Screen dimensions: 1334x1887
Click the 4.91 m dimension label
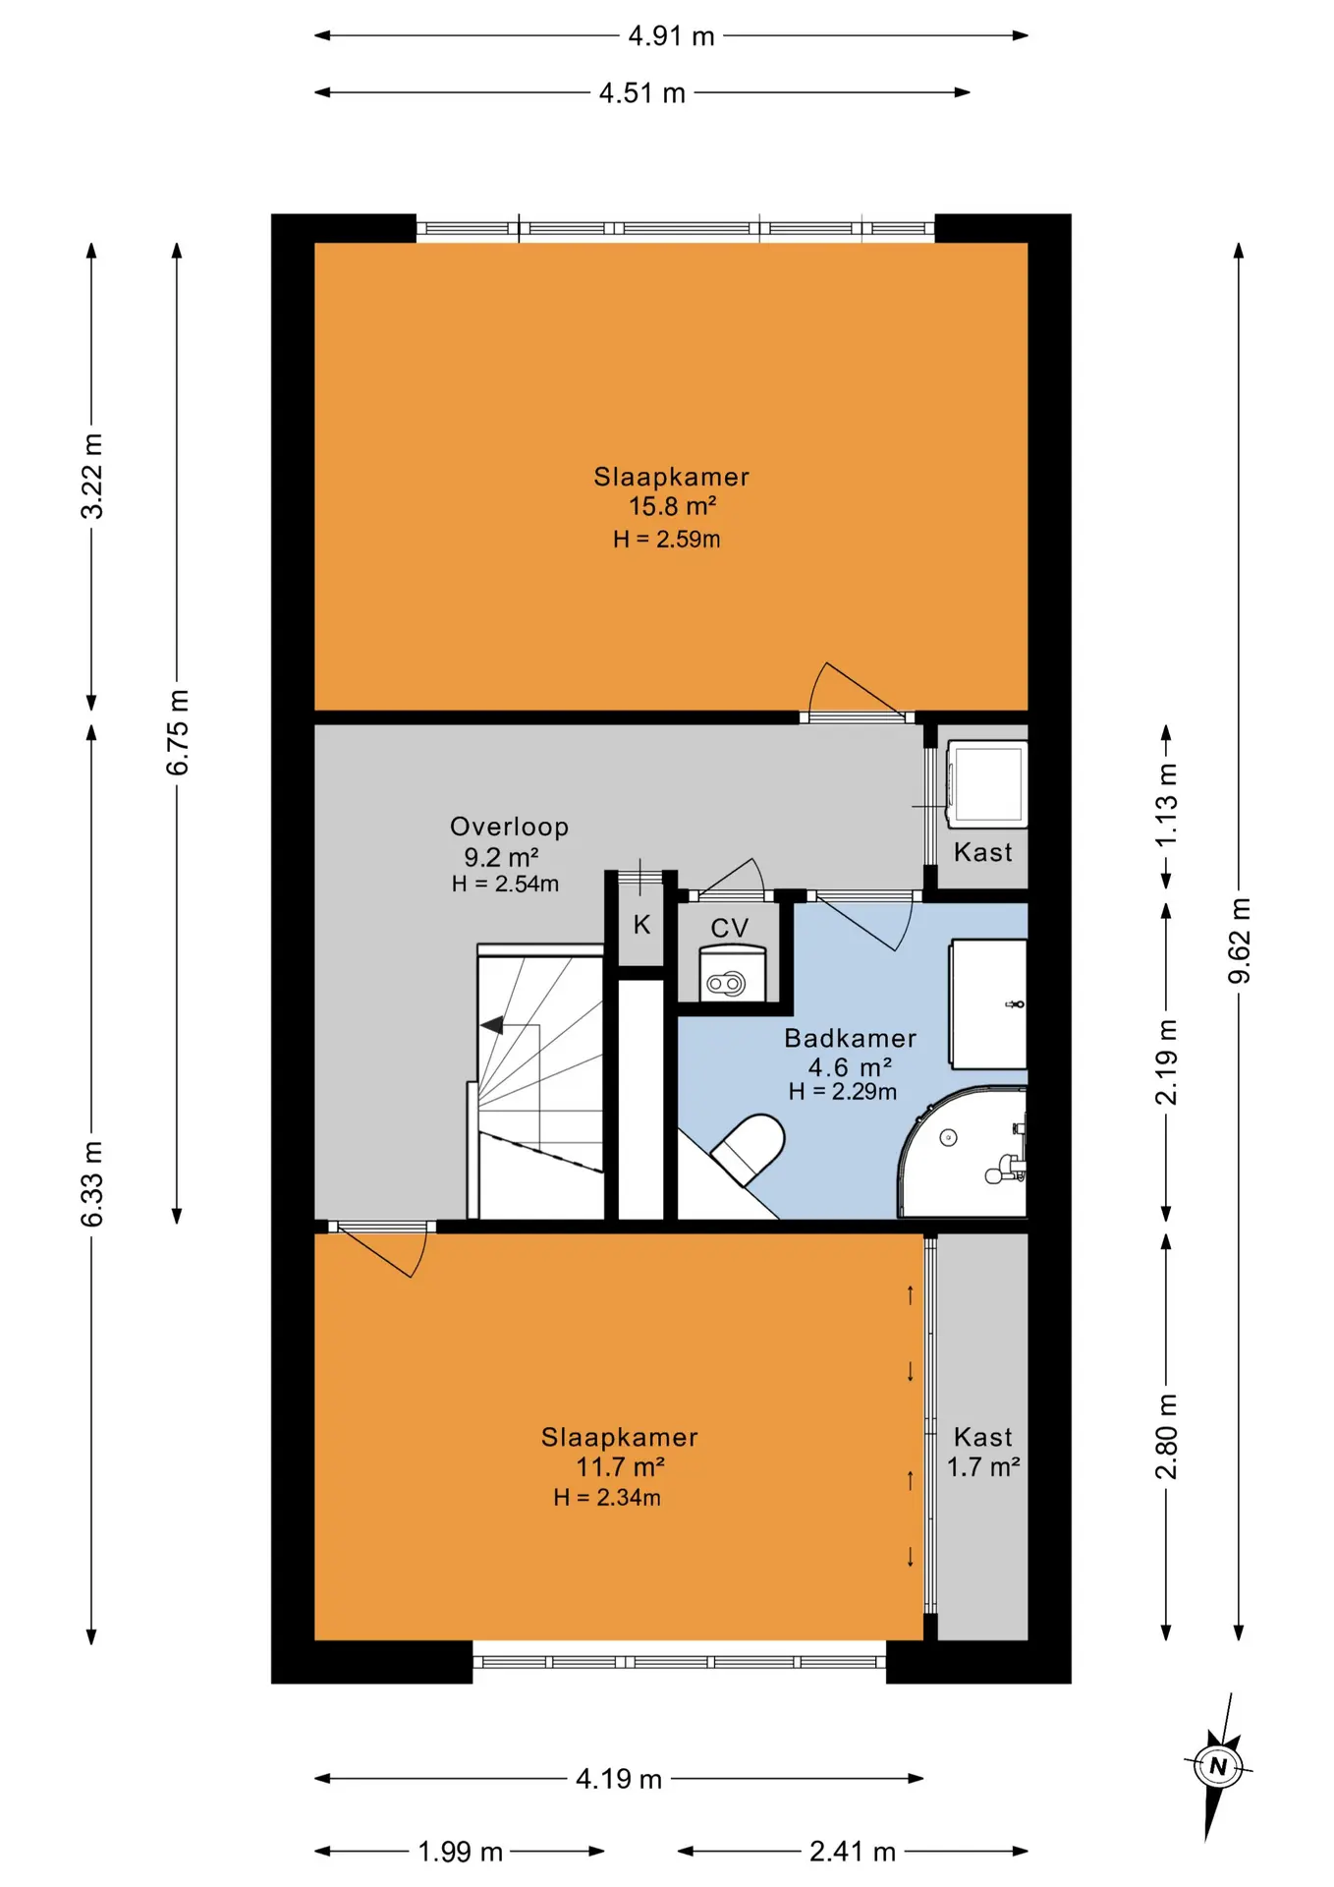(671, 36)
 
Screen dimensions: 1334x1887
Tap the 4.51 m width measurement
(641, 93)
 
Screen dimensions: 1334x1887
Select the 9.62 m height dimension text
(1240, 940)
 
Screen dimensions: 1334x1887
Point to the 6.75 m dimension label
(178, 732)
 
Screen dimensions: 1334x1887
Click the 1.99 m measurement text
(460, 1852)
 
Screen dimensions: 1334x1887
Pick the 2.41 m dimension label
(852, 1852)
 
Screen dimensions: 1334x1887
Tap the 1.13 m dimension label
(1166, 806)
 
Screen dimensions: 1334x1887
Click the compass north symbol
(1218, 1766)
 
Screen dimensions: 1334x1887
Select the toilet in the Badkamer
(749, 1147)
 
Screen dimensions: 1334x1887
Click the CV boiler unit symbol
(732, 973)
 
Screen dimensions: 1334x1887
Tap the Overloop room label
(509, 827)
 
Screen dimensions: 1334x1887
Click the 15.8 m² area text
(672, 506)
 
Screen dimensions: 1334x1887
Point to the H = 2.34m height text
(607, 1497)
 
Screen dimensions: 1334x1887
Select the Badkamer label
(850, 1038)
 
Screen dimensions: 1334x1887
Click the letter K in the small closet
(641, 924)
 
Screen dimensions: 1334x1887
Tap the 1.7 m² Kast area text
(982, 1467)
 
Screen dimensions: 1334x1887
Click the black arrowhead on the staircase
(491, 1026)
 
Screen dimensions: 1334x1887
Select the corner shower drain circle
(948, 1138)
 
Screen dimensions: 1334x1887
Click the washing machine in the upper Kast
(986, 782)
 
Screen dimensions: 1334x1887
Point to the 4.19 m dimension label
(619, 1779)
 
